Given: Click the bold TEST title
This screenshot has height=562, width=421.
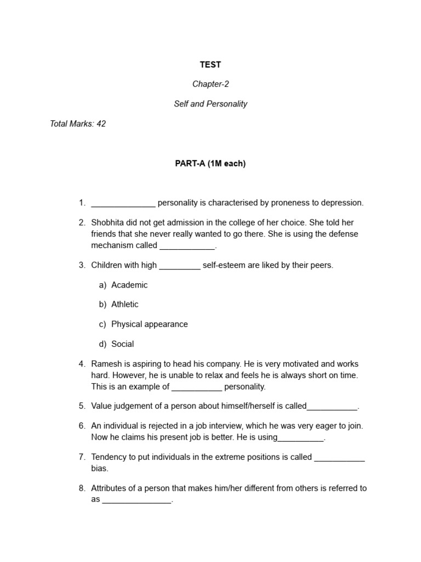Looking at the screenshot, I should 210,65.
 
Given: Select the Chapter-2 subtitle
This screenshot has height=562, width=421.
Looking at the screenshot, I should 210,84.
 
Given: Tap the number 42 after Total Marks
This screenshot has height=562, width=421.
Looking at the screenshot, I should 101,123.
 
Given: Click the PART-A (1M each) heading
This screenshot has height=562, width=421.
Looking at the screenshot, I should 210,164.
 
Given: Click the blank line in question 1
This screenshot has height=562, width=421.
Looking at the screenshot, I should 123,204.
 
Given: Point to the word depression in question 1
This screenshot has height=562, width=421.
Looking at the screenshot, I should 342,203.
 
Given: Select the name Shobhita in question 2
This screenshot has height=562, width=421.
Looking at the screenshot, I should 109,222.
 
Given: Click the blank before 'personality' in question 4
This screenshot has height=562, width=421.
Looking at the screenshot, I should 197,387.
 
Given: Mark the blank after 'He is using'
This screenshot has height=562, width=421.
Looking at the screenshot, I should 301,439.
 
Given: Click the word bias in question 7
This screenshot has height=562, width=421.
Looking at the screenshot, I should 100,468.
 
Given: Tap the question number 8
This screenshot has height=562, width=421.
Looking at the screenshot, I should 82,488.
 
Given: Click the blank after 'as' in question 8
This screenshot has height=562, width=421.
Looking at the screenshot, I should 136,501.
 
